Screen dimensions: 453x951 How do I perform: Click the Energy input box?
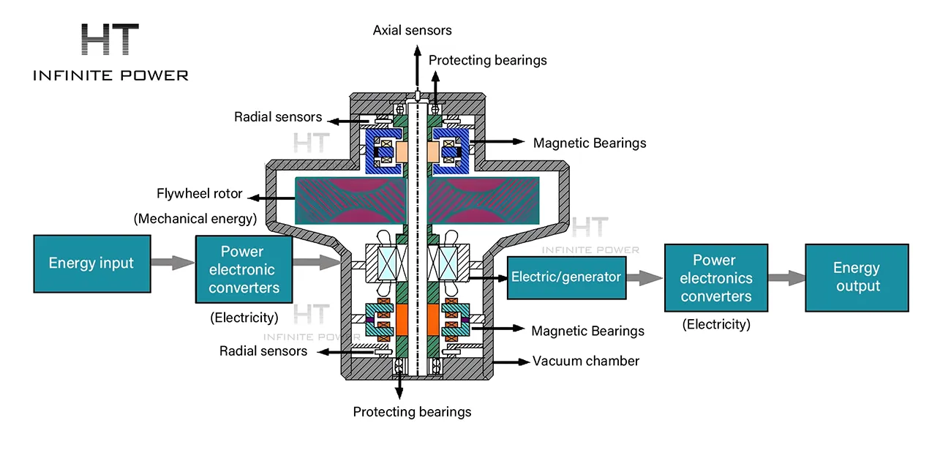[x=91, y=263]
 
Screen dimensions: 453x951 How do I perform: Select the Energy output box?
[x=856, y=277]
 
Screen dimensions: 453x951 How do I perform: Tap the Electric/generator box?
[x=566, y=277]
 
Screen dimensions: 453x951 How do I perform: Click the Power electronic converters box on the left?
[x=242, y=269]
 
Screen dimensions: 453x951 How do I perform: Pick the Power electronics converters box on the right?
[x=715, y=278]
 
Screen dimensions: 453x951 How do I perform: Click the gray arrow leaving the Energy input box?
[x=173, y=263]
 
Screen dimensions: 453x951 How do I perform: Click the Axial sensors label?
[x=412, y=31]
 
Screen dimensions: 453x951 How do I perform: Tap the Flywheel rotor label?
[x=199, y=194]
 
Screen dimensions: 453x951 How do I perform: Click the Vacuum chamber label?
[x=585, y=361]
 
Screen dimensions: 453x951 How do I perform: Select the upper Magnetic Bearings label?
[x=589, y=143]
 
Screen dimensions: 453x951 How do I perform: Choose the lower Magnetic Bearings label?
[x=587, y=332]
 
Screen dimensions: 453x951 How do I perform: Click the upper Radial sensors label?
[x=277, y=117]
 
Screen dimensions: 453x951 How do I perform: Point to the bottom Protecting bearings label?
[x=412, y=412]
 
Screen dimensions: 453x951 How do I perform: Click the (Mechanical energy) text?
[x=194, y=218]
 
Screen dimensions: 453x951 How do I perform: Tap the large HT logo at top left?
[x=110, y=40]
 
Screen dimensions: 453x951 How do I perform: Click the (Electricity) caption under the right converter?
[x=715, y=324]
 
